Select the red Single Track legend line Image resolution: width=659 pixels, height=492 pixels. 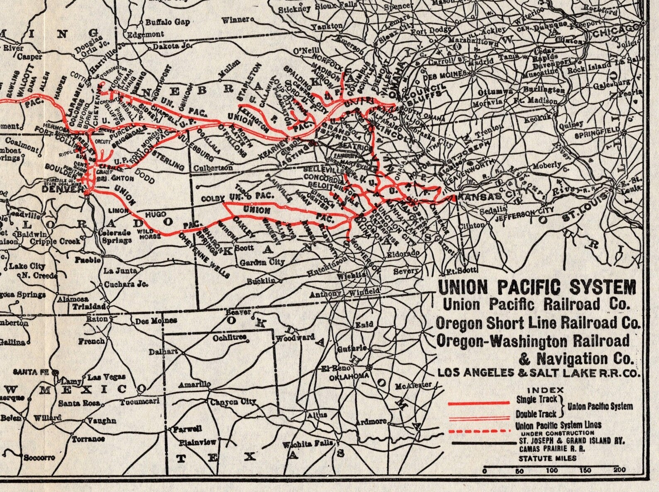[478, 402]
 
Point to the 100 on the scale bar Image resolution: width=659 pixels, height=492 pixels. [552, 470]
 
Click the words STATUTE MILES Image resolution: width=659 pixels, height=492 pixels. [547, 458]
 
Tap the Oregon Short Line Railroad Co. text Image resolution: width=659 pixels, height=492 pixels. [538, 323]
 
